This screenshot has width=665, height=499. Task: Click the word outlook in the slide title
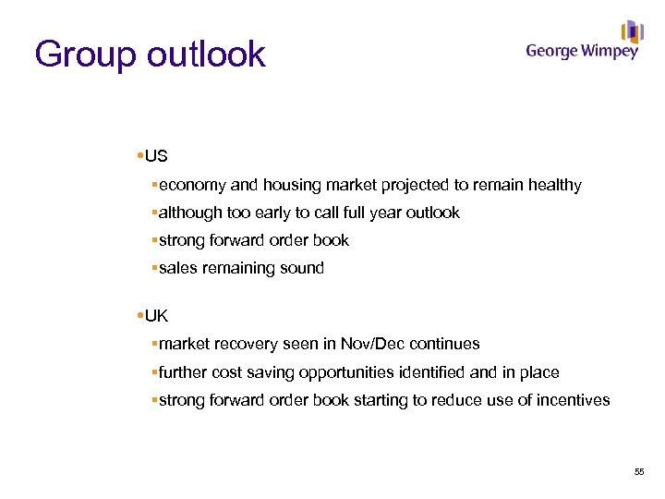pos(205,55)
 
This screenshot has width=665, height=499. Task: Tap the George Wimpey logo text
pos(582,51)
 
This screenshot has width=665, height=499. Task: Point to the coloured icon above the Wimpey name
pos(632,30)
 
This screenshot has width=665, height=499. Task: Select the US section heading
pos(156,156)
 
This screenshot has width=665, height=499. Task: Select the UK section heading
pos(157,315)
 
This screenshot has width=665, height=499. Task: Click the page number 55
pos(639,472)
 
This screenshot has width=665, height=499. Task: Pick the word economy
pos(191,185)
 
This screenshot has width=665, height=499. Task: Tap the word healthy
pos(554,185)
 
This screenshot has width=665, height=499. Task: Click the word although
pos(191,213)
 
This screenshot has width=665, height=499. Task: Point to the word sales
pos(177,268)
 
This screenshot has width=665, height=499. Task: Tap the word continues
pos(444,344)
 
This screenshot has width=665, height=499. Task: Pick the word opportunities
pos(352,372)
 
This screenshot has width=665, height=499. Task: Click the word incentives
pos(573,400)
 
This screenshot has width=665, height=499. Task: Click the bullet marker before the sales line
pos(153,268)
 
